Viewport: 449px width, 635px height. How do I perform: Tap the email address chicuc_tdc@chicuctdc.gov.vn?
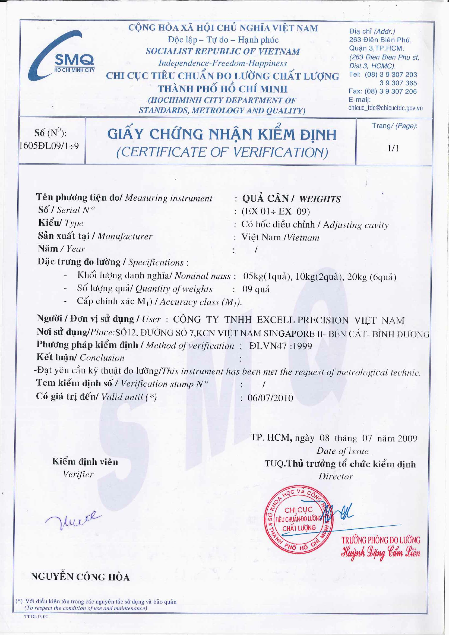click(385, 108)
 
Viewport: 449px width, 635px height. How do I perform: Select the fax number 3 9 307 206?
click(398, 91)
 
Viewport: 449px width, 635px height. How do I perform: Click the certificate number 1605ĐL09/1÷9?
click(49, 146)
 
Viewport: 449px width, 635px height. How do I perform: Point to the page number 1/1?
click(393, 149)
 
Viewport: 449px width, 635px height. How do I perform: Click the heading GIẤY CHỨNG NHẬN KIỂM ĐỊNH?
click(222, 135)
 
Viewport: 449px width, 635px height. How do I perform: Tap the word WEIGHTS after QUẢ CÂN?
click(320, 199)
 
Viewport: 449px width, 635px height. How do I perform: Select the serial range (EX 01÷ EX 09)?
click(276, 211)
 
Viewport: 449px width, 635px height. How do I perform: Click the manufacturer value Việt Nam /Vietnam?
click(280, 237)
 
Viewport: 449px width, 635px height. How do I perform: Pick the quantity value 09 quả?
click(256, 289)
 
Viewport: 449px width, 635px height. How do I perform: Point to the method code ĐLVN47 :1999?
click(280, 346)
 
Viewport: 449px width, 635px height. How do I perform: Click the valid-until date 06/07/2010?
click(270, 398)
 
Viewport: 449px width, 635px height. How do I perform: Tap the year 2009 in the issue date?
click(407, 438)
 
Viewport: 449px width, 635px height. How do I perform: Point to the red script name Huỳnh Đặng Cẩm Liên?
click(381, 553)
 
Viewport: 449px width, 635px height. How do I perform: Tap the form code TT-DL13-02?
click(36, 617)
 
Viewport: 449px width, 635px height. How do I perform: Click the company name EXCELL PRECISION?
click(302, 320)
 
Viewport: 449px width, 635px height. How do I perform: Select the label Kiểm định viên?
click(85, 462)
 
